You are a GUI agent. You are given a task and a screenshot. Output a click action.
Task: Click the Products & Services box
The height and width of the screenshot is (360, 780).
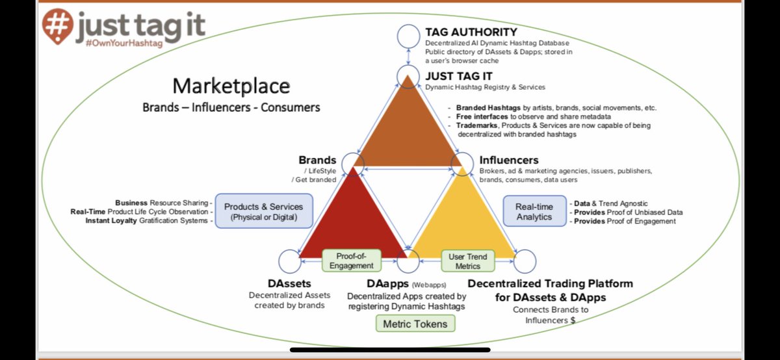tap(263, 212)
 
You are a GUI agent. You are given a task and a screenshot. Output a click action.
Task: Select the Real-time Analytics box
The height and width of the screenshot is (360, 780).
tap(534, 212)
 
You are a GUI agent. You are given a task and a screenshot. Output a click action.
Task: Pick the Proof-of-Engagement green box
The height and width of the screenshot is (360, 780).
tap(351, 261)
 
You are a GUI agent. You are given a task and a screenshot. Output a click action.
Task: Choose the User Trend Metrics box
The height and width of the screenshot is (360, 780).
tap(468, 261)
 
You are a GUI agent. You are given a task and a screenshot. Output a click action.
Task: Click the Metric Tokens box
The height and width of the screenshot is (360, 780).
tap(415, 323)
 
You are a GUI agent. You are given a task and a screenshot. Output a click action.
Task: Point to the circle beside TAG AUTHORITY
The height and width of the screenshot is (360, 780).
tap(409, 35)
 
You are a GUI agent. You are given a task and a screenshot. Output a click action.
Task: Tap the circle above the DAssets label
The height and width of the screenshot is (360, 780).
tap(289, 261)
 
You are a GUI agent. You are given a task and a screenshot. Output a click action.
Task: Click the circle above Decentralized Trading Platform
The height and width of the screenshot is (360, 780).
tap(525, 261)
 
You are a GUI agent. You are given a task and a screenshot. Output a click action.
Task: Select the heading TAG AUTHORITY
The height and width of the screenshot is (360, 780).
tap(471, 31)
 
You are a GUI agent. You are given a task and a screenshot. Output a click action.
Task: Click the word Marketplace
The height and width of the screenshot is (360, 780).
tap(231, 86)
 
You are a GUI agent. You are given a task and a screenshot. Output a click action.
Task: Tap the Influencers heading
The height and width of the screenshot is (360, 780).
tap(509, 160)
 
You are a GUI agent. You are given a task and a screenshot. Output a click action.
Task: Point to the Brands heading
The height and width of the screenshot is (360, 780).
tap(317, 160)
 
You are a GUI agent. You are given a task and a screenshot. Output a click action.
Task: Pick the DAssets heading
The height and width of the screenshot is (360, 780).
tap(289, 284)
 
